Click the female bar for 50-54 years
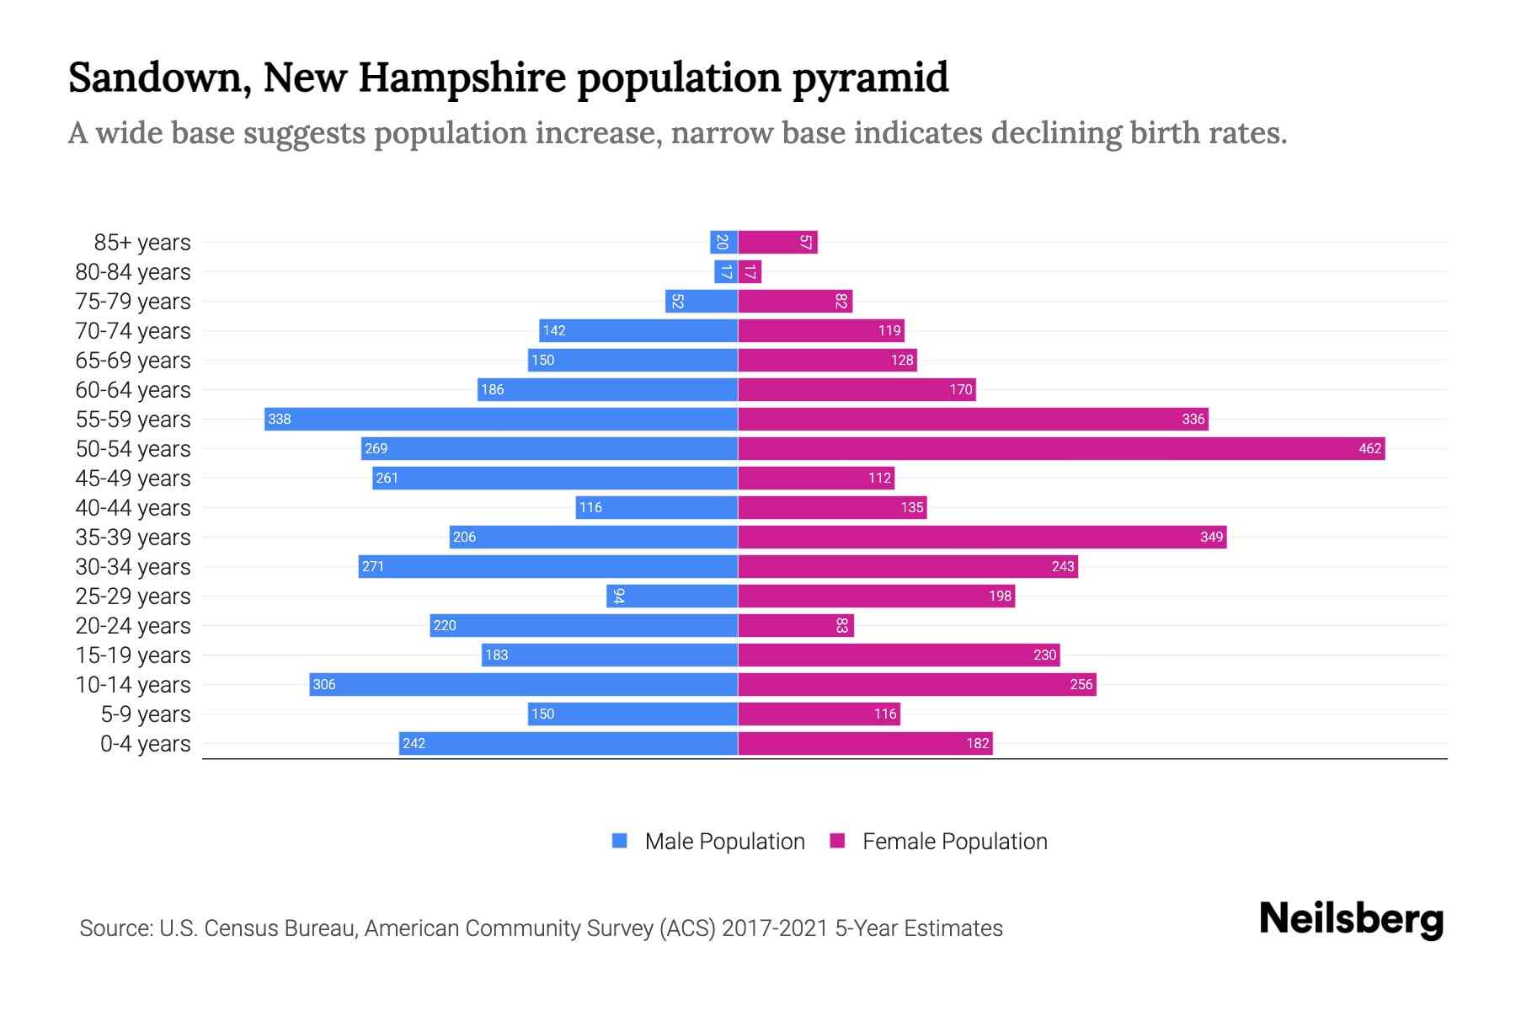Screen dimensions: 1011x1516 coord(1061,448)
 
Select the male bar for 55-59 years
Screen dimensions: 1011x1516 coord(501,419)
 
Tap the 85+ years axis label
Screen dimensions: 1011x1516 coord(141,243)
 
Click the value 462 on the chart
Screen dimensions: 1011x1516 coord(1369,448)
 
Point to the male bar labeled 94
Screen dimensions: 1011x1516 coord(672,596)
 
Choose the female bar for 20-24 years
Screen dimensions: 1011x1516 coord(796,625)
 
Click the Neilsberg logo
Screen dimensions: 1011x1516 coord(1351,919)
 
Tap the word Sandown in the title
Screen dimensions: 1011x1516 coord(158,78)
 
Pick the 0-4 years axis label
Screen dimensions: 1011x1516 coord(145,744)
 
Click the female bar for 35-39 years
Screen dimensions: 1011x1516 coord(982,537)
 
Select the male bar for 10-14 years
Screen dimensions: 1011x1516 coord(523,684)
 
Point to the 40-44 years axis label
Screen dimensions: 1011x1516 coord(133,508)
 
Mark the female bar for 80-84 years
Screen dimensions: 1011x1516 coord(750,271)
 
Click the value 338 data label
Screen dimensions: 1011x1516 coord(279,419)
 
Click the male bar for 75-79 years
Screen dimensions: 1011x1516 coord(702,301)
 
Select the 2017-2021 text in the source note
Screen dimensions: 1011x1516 coord(775,928)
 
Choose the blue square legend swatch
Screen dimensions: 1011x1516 coord(620,841)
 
